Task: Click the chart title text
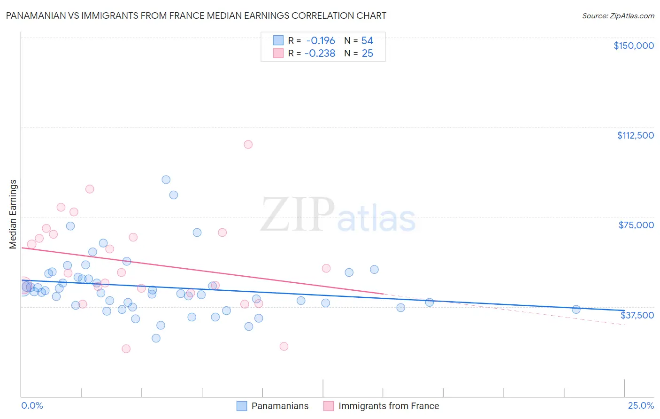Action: click(196, 16)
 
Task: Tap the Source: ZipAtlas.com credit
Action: click(618, 16)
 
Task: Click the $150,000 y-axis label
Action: click(633, 46)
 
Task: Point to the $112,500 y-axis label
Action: click(635, 135)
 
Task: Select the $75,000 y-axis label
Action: click(636, 225)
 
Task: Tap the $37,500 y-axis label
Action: click(637, 315)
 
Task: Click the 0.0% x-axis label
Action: click(32, 405)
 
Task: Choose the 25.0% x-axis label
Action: click(641, 405)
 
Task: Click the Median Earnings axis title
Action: click(13, 214)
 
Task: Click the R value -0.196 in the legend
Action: click(321, 41)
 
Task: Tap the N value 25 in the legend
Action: click(367, 54)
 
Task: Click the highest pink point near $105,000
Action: click(248, 145)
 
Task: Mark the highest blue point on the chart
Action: click(166, 179)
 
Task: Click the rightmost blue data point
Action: click(576, 310)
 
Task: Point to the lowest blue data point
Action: click(156, 338)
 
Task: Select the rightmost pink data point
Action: click(326, 268)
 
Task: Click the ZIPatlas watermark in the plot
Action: click(338, 215)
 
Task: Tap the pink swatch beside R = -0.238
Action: click(278, 54)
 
